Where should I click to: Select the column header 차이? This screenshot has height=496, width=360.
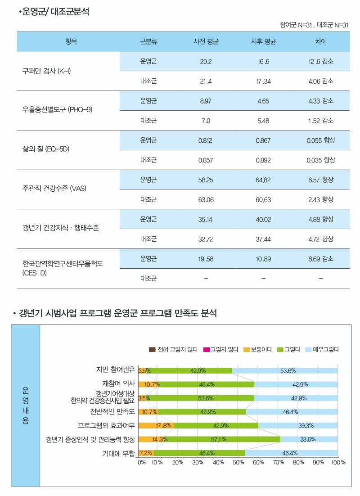coord(320,42)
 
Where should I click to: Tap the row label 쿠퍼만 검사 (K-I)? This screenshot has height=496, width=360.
coord(47,72)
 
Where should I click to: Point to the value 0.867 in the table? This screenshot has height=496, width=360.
coord(263,140)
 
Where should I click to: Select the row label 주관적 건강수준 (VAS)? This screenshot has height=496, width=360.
coord(54,189)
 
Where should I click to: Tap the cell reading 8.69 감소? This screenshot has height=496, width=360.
coord(320,259)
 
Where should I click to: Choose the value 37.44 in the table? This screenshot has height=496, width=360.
coord(263,239)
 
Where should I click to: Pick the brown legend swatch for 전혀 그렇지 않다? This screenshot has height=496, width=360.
coord(152,349)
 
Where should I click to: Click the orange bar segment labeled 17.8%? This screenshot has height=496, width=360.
coord(156,425)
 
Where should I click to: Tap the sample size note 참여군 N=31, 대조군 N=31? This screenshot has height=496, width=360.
coord(314,24)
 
